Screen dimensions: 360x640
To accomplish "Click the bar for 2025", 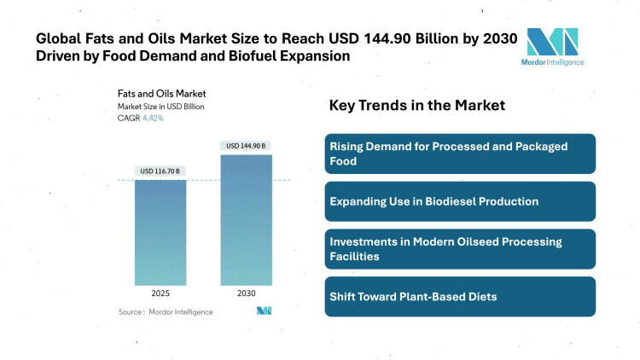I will pyautogui.click(x=160, y=232).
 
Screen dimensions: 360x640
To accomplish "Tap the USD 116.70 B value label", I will pyautogui.click(x=160, y=171).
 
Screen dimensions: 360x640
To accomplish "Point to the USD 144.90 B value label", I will pyautogui.click(x=246, y=146).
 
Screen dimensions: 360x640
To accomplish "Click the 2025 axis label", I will pyautogui.click(x=160, y=293).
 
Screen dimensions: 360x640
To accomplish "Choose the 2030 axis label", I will pyautogui.click(x=246, y=293).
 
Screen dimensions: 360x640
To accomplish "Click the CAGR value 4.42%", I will pyautogui.click(x=153, y=119).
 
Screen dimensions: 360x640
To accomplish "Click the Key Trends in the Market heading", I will pyautogui.click(x=417, y=106).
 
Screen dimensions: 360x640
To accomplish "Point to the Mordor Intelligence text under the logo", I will pyautogui.click(x=552, y=62).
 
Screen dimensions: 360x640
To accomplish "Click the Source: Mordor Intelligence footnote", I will pyautogui.click(x=166, y=312).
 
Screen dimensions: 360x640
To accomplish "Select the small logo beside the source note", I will pyautogui.click(x=264, y=311).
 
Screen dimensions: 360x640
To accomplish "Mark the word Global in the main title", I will pyautogui.click(x=58, y=38).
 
